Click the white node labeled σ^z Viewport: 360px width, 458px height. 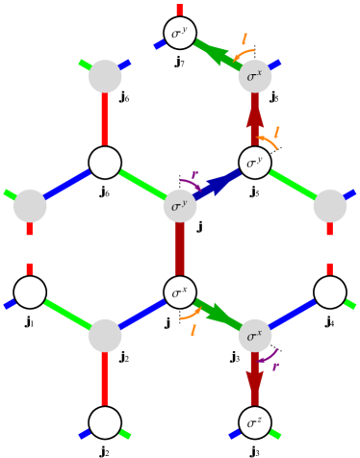pyautogui.click(x=255, y=422)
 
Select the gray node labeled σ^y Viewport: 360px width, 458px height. pyautogui.click(x=180, y=206)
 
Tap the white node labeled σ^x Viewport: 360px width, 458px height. pyautogui.click(x=180, y=293)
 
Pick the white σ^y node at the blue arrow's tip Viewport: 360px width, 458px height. pyautogui.click(x=255, y=163)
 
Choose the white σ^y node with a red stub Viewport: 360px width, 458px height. pyautogui.click(x=180, y=33)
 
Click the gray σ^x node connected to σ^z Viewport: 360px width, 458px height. pyautogui.click(x=255, y=336)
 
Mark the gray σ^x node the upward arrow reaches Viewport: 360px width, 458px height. pyautogui.click(x=255, y=77)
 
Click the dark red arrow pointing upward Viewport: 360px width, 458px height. pyautogui.click(x=255, y=117)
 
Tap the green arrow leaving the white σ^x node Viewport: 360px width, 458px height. pyautogui.click(x=219, y=315)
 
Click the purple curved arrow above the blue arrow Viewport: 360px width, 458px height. pyautogui.click(x=190, y=182)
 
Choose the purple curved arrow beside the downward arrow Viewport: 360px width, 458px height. pyautogui.click(x=269, y=359)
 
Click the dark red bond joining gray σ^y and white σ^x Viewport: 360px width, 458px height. pyautogui.click(x=180, y=249)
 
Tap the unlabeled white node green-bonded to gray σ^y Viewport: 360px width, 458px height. pyautogui.click(x=105, y=163)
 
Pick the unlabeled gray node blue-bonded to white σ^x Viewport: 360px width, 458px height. pyautogui.click(x=105, y=336)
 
